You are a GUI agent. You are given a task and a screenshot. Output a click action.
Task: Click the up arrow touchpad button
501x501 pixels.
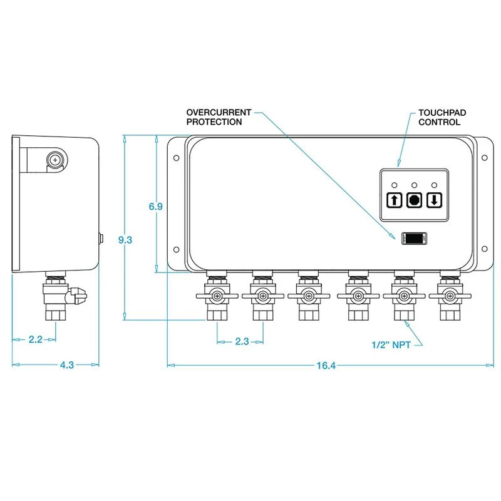[394, 200]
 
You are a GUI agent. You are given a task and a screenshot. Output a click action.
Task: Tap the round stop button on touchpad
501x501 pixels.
[415, 200]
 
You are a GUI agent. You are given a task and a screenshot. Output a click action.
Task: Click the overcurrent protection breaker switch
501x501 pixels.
[414, 238]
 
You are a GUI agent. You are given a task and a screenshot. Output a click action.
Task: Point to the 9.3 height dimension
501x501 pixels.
[127, 239]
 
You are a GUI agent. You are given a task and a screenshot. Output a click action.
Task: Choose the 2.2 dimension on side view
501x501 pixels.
[36, 340]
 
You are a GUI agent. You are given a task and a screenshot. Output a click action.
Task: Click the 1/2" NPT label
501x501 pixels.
[392, 344]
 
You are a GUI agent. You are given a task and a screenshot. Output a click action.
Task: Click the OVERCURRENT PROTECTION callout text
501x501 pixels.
[219, 117]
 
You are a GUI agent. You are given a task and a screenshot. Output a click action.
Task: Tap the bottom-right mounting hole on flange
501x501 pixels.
[484, 248]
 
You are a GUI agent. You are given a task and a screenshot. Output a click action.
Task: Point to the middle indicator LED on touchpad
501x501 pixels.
[415, 185]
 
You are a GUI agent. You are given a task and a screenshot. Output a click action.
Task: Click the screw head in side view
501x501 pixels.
[57, 160]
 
